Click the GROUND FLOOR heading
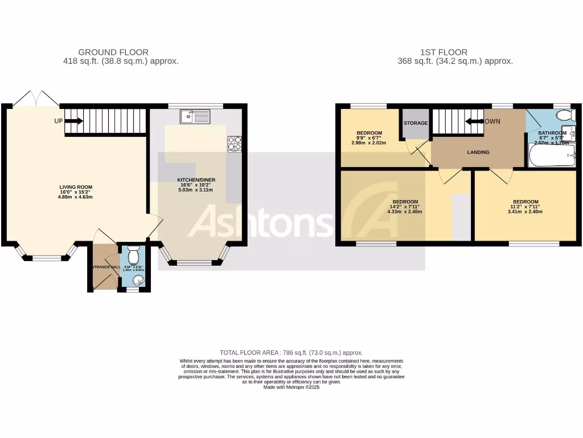[x=113, y=52]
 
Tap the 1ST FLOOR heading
[x=455, y=52]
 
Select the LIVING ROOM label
[x=76, y=187]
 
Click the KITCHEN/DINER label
[x=196, y=180]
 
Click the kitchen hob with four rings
[x=234, y=144]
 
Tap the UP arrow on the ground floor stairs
[x=74, y=121]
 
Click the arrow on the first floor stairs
[x=473, y=121]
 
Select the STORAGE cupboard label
[x=415, y=123]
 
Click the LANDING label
[x=478, y=152]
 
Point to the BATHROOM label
[x=552, y=133]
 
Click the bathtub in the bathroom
[x=552, y=156]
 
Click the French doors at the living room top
[x=35, y=99]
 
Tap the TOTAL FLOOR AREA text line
[x=291, y=353]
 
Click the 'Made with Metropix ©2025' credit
[x=291, y=387]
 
